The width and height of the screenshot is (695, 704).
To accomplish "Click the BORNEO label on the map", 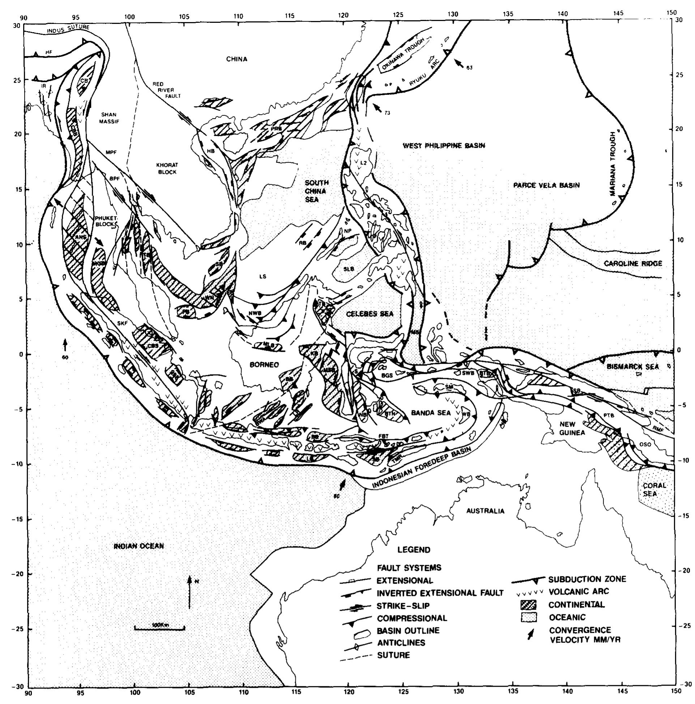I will (x=264, y=364).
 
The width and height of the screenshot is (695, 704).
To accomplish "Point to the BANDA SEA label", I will (x=431, y=413).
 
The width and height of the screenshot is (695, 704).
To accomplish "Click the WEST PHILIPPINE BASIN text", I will (x=444, y=146).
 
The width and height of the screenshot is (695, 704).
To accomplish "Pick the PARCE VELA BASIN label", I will (x=546, y=185).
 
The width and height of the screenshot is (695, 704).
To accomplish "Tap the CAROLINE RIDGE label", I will (x=633, y=264).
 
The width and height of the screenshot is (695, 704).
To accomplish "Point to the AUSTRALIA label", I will (x=485, y=511).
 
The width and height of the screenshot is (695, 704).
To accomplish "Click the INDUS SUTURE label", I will (x=68, y=29).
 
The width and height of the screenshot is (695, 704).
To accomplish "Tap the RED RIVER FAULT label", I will (x=166, y=90).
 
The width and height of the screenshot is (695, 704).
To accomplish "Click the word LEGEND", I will (x=414, y=550).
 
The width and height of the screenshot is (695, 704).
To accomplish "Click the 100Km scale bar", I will (x=159, y=628).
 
